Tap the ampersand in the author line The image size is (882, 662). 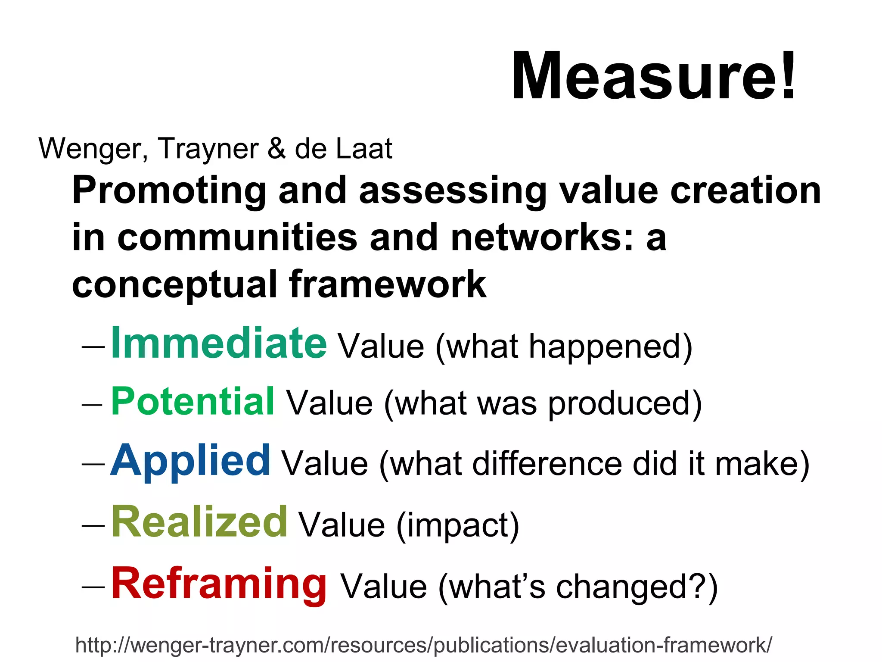click(276, 149)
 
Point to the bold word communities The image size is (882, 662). click(237, 237)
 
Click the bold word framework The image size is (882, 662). click(388, 284)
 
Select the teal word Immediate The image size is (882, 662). click(219, 343)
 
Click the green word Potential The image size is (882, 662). click(193, 402)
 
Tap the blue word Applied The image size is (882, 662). click(190, 461)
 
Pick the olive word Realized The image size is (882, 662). click(199, 522)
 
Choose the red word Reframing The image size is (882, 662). click(219, 584)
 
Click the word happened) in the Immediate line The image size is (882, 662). click(611, 347)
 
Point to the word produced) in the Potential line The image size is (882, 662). click(625, 404)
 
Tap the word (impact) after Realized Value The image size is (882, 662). click(457, 525)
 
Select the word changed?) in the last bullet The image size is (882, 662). click(637, 587)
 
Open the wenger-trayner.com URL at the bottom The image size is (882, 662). click(424, 645)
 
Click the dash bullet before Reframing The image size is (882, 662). click(93, 587)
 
